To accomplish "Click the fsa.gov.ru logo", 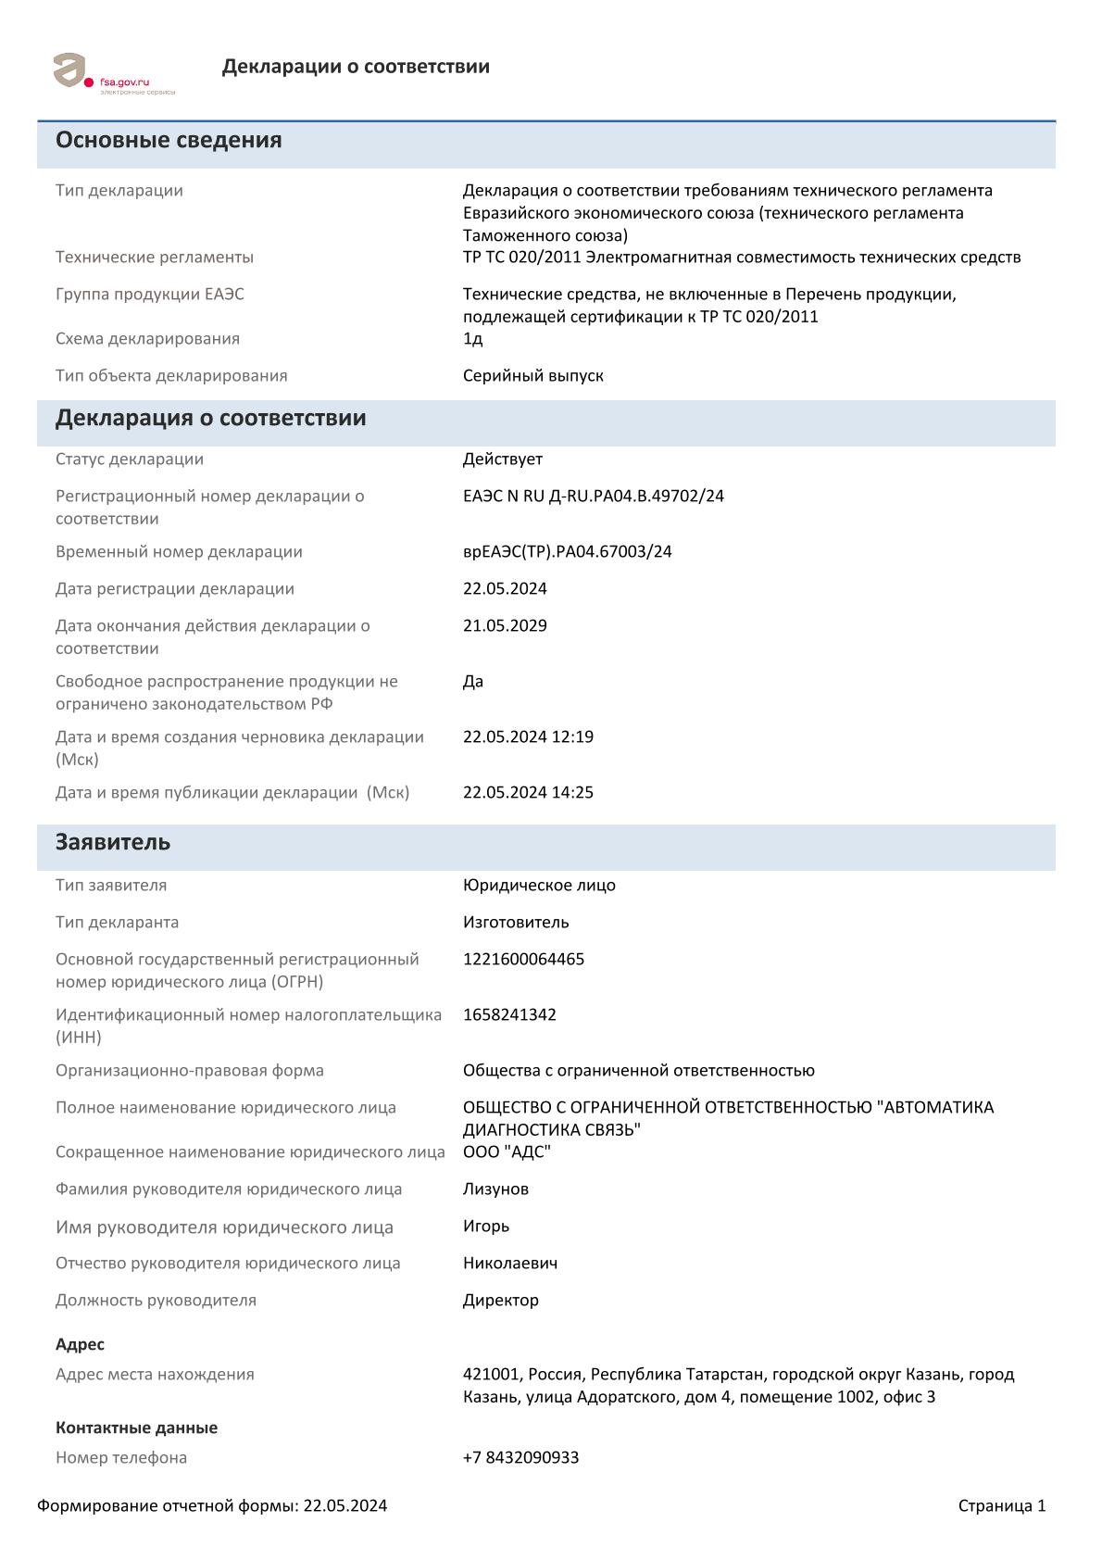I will click(113, 73).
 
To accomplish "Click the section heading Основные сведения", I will click(169, 141).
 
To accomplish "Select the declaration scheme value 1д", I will click(472, 339).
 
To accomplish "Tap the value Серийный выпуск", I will click(532, 376).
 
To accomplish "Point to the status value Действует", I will click(502, 459).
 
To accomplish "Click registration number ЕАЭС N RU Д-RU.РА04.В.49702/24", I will click(593, 497).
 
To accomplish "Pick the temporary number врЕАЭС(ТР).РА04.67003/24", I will click(567, 552).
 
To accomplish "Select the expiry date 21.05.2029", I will click(505, 626).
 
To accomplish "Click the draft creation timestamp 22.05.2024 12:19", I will click(528, 737).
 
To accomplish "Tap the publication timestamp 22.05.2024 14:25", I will click(528, 793).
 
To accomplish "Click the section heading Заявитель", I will click(113, 843).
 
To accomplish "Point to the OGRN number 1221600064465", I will click(523, 960).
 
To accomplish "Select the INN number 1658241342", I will click(509, 1015).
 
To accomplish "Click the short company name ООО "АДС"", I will click(507, 1152).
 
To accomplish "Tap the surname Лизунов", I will click(495, 1189).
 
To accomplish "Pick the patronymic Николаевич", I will click(509, 1264).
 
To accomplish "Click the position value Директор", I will click(500, 1301).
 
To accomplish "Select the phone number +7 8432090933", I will click(520, 1458).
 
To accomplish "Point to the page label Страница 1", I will click(1001, 1506).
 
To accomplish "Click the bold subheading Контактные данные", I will click(136, 1428).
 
